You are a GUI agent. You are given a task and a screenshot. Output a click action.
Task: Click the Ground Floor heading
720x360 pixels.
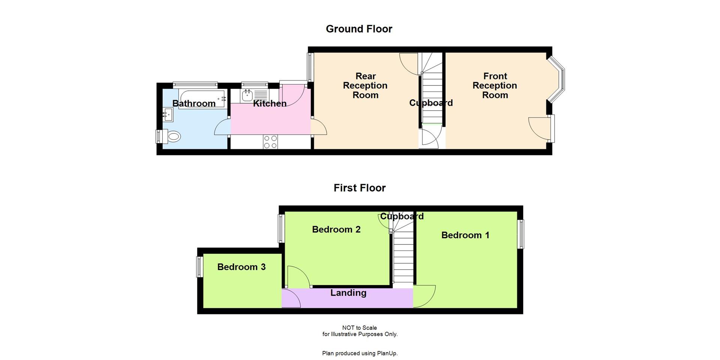[359, 29]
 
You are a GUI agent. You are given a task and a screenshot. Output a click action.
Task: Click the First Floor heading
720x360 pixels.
[359, 188]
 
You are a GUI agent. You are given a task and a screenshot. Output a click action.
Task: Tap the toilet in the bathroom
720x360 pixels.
[173, 136]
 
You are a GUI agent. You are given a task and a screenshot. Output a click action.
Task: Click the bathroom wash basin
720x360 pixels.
[168, 114]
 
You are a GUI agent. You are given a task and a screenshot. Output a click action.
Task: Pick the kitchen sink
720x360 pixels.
[247, 96]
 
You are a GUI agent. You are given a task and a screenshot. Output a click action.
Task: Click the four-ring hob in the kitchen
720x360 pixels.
[270, 142]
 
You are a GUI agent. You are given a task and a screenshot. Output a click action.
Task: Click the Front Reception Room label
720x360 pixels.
[495, 85]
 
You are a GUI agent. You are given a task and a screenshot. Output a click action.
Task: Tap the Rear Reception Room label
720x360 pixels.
[365, 85]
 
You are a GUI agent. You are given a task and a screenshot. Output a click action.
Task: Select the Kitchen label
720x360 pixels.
[270, 103]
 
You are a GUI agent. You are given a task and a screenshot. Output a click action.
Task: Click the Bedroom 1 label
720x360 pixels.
[465, 235]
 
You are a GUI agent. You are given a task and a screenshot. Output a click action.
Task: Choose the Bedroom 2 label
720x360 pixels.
[336, 229]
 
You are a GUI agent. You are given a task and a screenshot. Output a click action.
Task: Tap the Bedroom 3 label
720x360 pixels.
[241, 267]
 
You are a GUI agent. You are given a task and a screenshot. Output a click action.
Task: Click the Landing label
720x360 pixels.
[348, 293]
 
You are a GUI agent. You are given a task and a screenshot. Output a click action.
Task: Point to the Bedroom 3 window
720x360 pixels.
[199, 267]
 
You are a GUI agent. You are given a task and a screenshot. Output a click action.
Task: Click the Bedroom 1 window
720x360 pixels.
[520, 234]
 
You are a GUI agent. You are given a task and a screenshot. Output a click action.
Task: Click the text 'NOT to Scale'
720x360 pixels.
[359, 328]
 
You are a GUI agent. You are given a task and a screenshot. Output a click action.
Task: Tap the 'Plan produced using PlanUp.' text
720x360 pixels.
[360, 353]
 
